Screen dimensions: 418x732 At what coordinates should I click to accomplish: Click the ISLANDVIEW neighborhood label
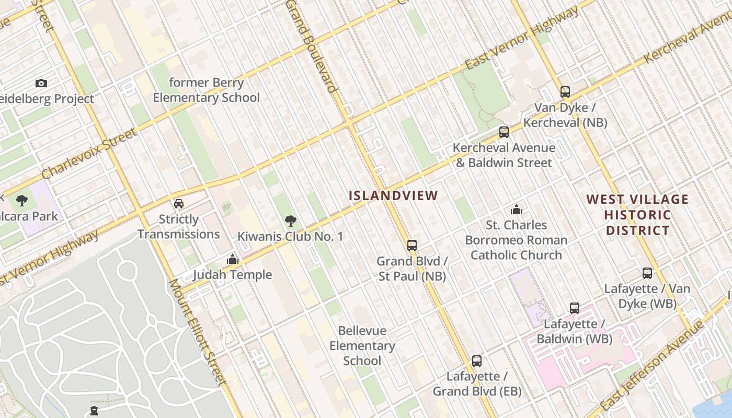coord(393,196)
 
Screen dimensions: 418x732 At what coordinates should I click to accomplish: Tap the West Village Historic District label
coord(637,215)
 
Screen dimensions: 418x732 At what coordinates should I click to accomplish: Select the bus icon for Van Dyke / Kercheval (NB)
coord(565,92)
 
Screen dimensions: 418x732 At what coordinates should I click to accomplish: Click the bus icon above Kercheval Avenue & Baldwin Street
coord(504,132)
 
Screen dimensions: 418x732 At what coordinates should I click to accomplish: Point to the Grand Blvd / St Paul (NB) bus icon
coord(412,245)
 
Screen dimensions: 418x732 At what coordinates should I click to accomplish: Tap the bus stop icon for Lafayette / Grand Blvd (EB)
coord(476,361)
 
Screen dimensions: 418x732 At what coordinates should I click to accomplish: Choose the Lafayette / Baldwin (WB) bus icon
coord(575,308)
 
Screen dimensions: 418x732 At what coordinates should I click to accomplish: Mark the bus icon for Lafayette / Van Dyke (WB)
coord(647,273)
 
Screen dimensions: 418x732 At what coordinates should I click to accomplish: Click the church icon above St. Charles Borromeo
coord(516,210)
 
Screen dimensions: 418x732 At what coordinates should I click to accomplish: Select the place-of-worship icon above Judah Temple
coord(233,259)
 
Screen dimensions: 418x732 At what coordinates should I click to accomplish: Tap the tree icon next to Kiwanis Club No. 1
coord(291,221)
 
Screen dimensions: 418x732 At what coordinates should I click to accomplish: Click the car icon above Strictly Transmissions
coord(179,204)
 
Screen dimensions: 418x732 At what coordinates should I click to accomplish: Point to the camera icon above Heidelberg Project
coord(41,84)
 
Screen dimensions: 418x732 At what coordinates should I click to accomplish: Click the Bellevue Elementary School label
coord(362,345)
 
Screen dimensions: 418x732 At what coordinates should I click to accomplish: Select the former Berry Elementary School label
coord(207,90)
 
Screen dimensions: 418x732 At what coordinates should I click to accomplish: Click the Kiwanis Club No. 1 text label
coord(291,237)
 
